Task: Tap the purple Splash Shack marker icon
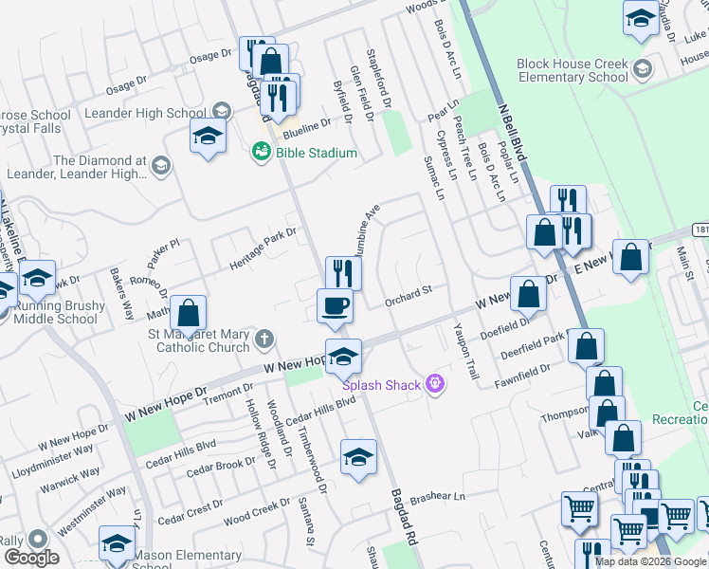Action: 435,382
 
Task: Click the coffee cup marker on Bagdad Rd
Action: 335,305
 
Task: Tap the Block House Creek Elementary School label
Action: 573,71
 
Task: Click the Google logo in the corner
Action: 30,557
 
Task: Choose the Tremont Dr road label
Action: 227,394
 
